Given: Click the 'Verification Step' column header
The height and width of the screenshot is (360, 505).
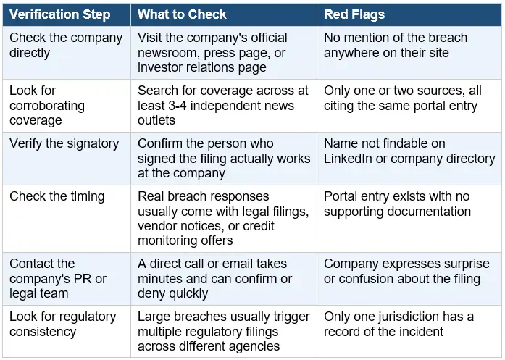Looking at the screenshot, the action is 60,14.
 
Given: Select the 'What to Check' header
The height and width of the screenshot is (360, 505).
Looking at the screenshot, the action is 182,14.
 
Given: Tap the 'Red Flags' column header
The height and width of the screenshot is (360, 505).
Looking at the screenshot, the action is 354,14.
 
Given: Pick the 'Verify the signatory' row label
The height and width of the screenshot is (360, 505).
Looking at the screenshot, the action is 64,143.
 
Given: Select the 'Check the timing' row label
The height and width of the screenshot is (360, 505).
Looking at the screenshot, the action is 57,196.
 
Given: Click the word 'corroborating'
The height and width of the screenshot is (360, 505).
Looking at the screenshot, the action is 47,106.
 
